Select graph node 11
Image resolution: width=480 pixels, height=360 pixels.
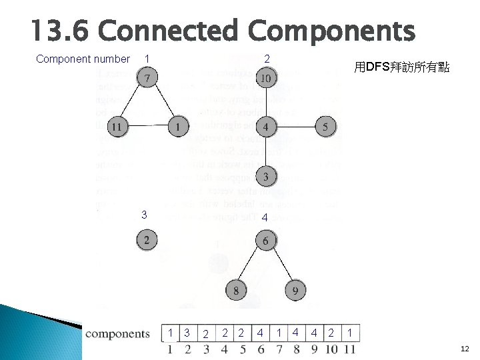pyautogui.click(x=117, y=125)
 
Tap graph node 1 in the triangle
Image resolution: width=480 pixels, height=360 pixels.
pyautogui.click(x=177, y=125)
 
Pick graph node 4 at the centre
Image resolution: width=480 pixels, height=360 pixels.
pyautogui.click(x=265, y=126)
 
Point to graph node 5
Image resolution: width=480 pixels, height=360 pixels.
pyautogui.click(x=325, y=126)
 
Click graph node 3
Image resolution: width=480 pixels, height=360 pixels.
pyautogui.click(x=265, y=177)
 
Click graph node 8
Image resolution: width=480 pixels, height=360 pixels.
pyautogui.click(x=236, y=290)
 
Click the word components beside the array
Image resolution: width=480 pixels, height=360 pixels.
pyautogui.click(x=118, y=333)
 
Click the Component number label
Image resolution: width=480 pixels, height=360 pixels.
pyautogui.click(x=82, y=59)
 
